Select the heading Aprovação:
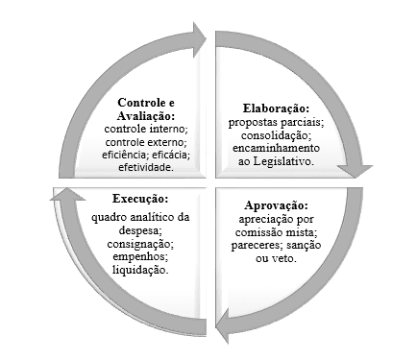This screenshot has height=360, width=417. tap(276, 204)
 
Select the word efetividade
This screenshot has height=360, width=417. tap(145, 167)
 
